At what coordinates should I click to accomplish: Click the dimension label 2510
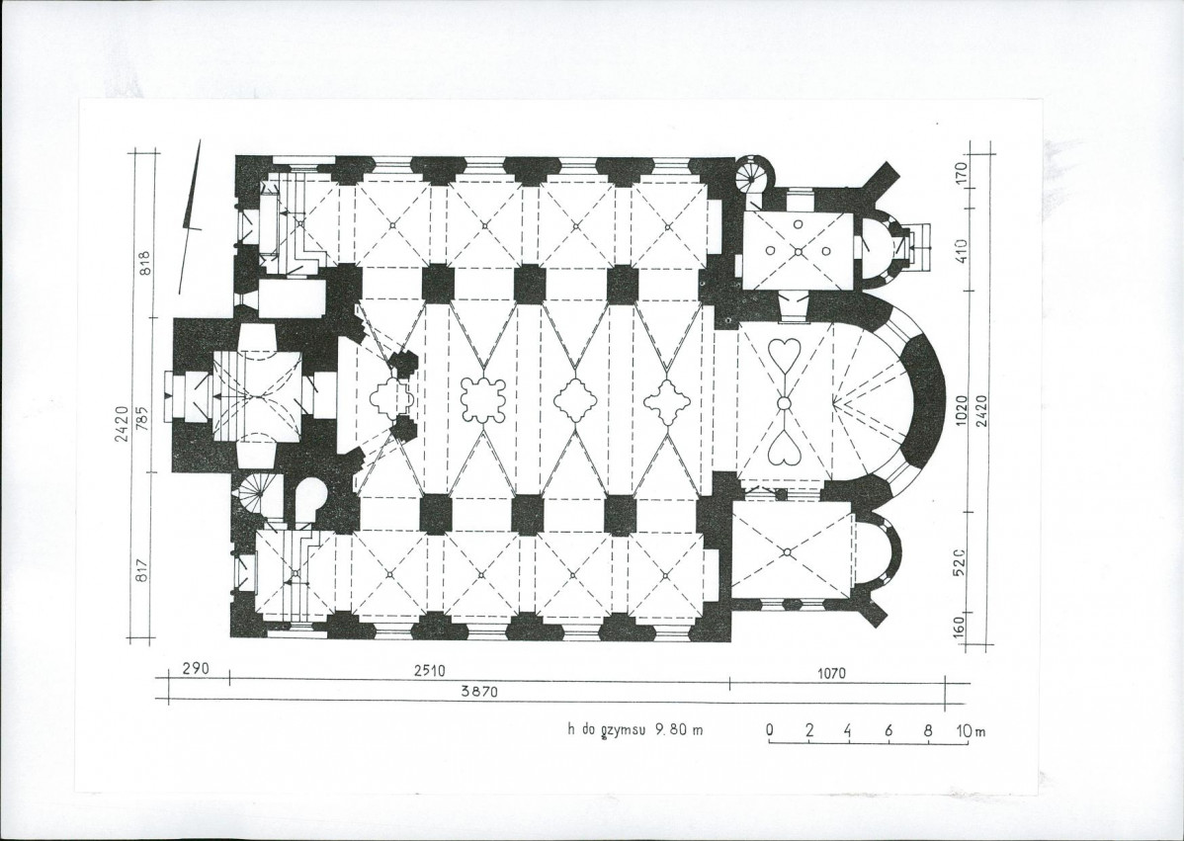429,670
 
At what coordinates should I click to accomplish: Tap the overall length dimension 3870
479,692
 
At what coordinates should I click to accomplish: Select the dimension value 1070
831,673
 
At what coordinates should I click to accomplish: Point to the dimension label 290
196,669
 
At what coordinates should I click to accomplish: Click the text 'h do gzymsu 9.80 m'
635,730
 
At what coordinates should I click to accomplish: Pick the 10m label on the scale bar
972,730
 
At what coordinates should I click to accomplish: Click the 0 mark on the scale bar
770,730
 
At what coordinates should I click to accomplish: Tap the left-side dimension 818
144,264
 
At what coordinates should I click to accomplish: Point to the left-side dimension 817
141,568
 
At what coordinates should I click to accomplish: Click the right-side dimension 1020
962,410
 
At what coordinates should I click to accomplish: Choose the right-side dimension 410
962,251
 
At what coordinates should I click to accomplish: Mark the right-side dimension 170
962,174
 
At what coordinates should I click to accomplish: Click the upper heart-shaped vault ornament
785,355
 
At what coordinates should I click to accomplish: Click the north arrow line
191,216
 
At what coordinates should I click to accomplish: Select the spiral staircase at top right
752,176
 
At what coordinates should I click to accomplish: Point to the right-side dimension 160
960,627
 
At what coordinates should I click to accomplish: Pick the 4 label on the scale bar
848,730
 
